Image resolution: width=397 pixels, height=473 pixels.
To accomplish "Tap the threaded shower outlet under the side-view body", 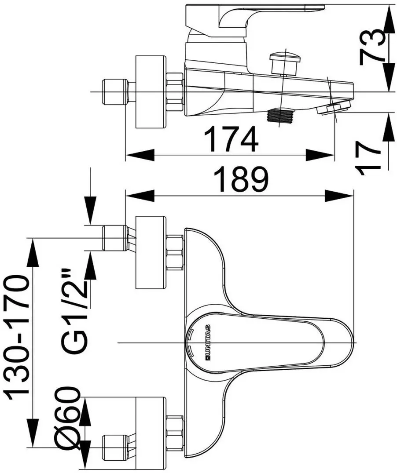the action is (x=281, y=115).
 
